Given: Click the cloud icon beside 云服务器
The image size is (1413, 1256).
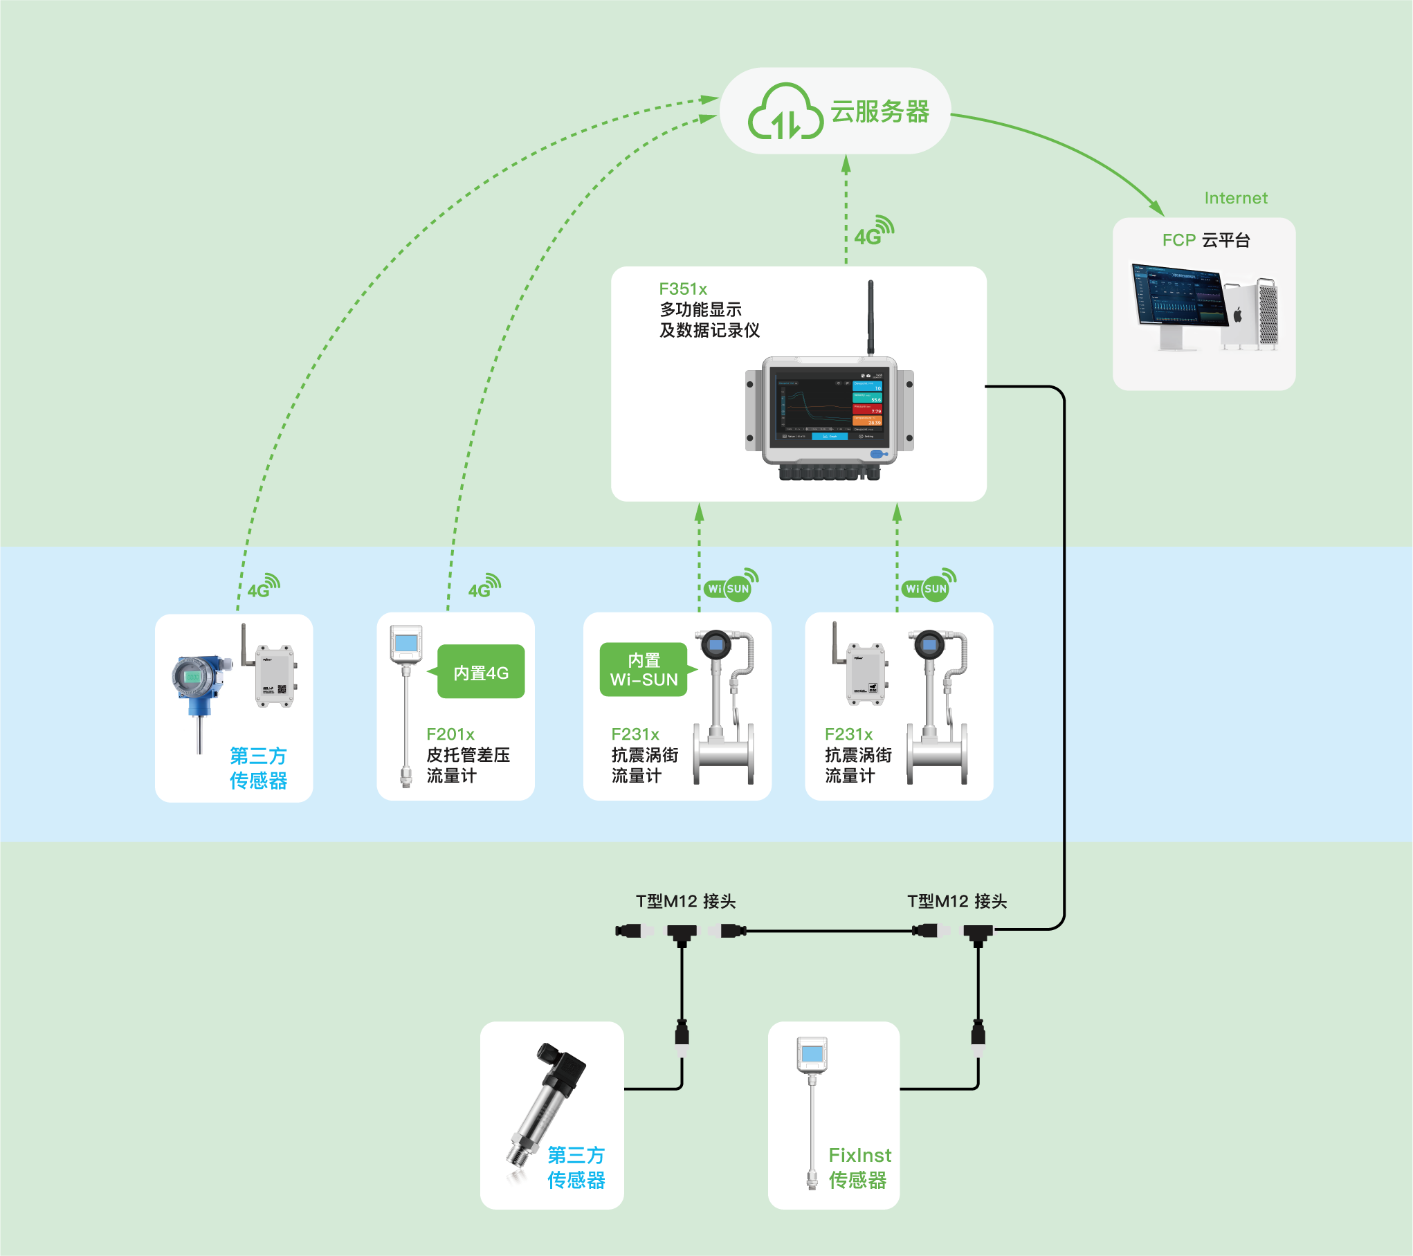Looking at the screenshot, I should click(x=785, y=112).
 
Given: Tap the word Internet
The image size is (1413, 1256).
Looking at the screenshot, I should click(x=1236, y=199).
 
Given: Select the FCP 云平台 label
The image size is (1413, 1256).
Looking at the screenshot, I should click(x=1206, y=240).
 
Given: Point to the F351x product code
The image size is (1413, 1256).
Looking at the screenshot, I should click(x=683, y=289).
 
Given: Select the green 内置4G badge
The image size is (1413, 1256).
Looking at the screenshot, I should click(x=481, y=672).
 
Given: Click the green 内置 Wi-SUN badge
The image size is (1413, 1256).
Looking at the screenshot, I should click(x=644, y=670).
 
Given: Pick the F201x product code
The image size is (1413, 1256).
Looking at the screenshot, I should click(x=450, y=734).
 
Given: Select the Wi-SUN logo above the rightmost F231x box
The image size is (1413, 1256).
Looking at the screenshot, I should click(x=929, y=586).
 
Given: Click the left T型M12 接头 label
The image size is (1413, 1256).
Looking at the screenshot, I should click(x=686, y=901).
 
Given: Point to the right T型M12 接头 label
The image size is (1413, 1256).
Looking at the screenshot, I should click(x=957, y=901).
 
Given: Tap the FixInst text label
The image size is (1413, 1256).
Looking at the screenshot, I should click(x=859, y=1156).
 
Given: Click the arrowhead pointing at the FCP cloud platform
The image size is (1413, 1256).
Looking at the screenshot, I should click(x=1157, y=208).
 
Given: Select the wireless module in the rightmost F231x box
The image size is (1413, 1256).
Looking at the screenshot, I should click(x=865, y=672).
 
